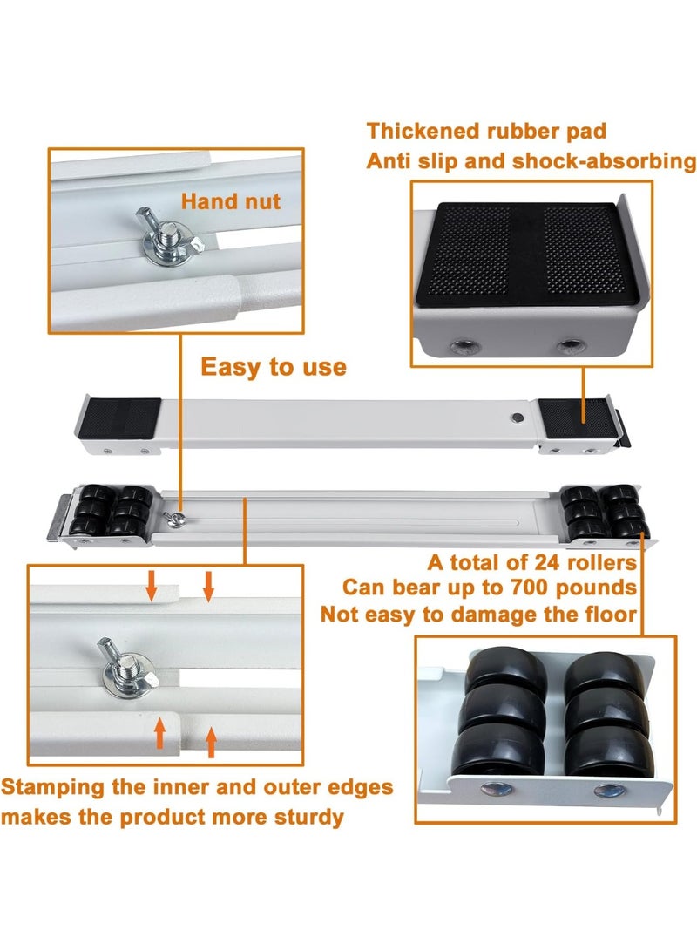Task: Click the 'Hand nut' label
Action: tap(231, 200)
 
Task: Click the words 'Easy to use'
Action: tap(274, 368)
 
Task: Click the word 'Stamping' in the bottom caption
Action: tap(53, 788)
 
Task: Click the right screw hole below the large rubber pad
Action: tap(570, 347)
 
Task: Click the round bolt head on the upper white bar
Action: tap(517, 418)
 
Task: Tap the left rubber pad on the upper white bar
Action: tap(120, 418)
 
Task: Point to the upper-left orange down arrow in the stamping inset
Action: tap(152, 584)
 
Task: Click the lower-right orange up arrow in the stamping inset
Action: tap(211, 743)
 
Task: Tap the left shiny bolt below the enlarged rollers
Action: tap(497, 789)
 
